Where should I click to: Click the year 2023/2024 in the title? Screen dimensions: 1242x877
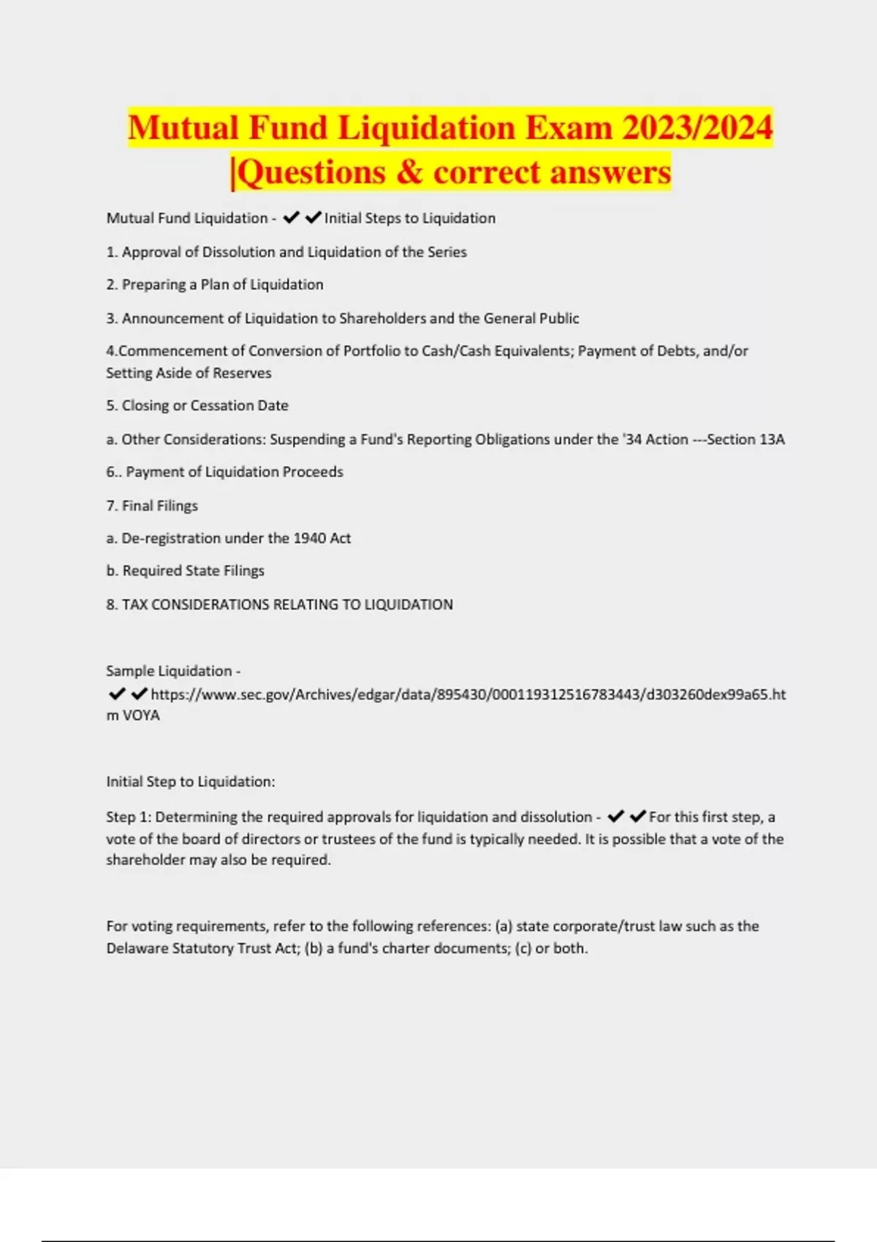tap(697, 129)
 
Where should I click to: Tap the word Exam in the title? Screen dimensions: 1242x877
tap(569, 129)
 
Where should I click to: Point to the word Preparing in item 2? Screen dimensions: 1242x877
tap(153, 285)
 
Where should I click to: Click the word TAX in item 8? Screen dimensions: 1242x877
tap(134, 605)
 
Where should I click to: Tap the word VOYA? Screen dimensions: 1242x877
tap(141, 715)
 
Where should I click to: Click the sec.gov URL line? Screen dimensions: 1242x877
tap(468, 695)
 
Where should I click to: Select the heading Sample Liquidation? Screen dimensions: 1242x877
tap(169, 671)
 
